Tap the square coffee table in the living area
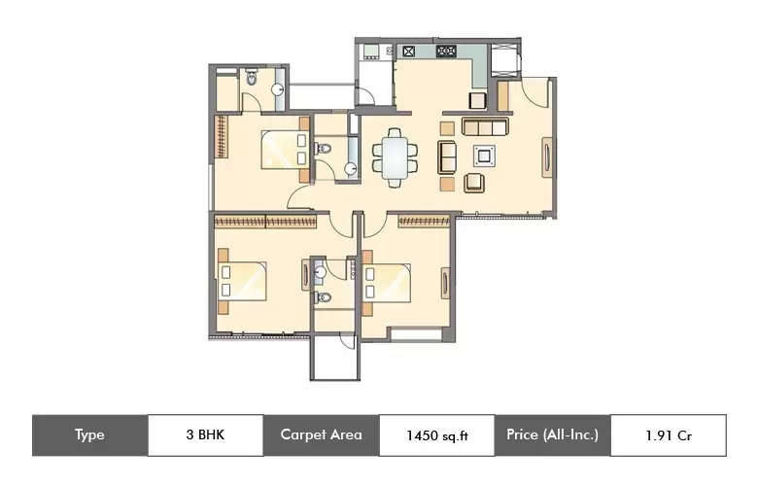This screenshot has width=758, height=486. [x=483, y=154]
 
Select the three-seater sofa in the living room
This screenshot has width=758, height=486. [x=485, y=127]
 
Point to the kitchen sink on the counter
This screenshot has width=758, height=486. [x=409, y=52]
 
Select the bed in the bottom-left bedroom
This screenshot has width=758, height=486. [x=243, y=279]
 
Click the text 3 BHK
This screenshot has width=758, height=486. [x=205, y=434]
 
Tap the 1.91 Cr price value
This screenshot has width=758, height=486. [x=668, y=434]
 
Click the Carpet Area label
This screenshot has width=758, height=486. [x=321, y=434]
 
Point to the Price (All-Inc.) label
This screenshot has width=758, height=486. [x=552, y=434]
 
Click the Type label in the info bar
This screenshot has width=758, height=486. [x=89, y=434]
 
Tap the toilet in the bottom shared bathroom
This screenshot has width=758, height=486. [x=324, y=297]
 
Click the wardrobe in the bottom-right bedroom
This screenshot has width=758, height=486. [x=424, y=222]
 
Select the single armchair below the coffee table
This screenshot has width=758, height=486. [x=475, y=182]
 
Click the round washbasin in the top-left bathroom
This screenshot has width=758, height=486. [x=277, y=89]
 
